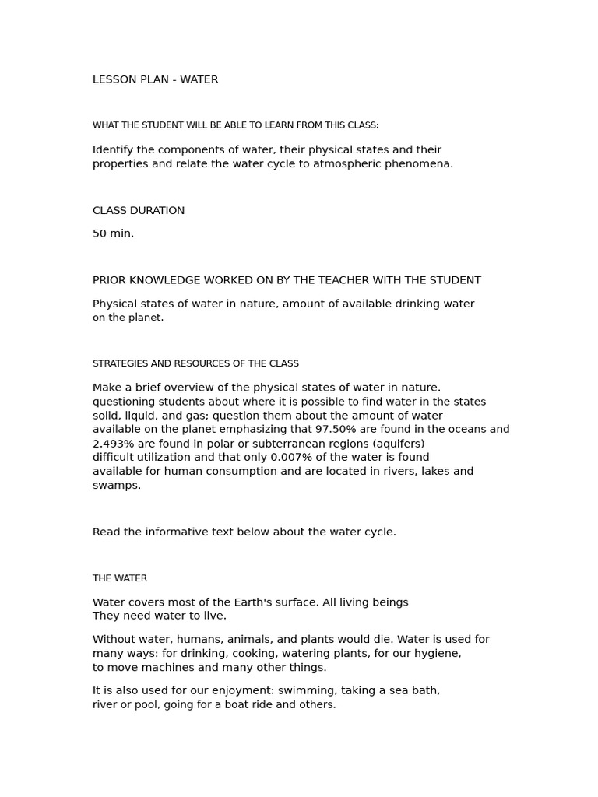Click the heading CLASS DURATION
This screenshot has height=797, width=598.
pos(139,210)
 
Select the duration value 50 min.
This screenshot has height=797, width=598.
pos(113,233)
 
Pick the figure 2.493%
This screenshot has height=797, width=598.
pos(114,444)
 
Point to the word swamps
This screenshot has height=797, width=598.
pos(116,486)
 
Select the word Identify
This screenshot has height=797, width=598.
pos(115,149)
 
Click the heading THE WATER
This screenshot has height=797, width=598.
pos(120,578)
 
